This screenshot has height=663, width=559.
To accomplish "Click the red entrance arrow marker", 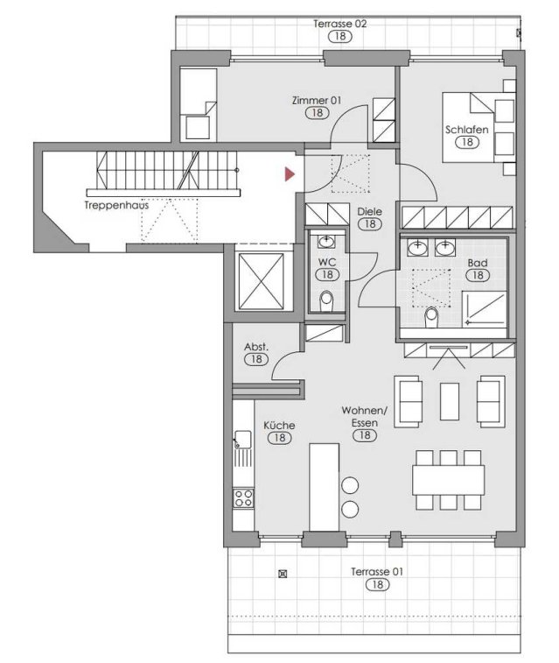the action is [290, 174].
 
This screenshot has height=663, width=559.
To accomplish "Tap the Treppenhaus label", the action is [116, 206].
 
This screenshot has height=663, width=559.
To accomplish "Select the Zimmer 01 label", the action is [317, 101].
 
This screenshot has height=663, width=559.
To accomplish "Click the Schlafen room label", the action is [466, 130].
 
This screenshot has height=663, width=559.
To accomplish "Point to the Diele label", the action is [370, 211].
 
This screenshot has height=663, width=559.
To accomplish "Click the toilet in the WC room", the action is [326, 301].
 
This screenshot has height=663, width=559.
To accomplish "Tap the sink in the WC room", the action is [326, 242].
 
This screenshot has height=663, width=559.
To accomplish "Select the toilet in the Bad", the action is [431, 317].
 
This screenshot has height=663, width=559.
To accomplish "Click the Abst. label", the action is [256, 347].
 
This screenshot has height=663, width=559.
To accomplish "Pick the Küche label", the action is [279, 426].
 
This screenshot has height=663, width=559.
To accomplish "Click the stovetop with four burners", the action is [243, 497].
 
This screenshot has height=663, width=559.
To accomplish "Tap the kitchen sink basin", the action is [243, 439].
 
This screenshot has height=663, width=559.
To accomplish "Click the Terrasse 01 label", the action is [377, 572].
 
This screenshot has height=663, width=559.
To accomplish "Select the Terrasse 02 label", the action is [340, 24].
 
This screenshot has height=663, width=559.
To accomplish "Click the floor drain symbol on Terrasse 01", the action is [283, 574].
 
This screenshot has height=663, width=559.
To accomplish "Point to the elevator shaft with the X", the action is [262, 281].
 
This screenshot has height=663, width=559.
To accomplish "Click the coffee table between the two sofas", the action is [450, 401].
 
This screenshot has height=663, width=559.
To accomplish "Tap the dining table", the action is [449, 480].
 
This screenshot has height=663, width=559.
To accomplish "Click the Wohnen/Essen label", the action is [365, 417].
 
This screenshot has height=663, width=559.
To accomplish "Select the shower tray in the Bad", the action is [485, 310].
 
